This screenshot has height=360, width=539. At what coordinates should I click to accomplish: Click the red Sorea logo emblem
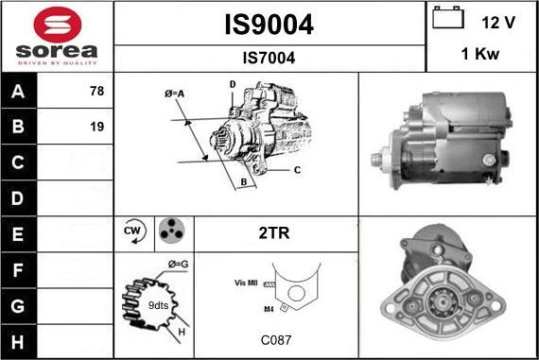[x=58, y=25]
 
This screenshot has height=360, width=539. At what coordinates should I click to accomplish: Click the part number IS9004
[x=269, y=25]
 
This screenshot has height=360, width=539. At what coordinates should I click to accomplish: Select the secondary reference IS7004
[x=269, y=58]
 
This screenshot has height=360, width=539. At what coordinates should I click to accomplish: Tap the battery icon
[x=448, y=17]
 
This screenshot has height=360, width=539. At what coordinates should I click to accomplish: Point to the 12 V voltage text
[x=498, y=23]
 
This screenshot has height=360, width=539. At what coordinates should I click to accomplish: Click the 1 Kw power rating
[x=479, y=54]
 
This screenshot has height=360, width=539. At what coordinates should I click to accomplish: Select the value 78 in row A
[x=97, y=91]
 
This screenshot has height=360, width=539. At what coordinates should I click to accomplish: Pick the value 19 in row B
[x=97, y=127]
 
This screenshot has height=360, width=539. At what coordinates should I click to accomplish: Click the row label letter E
[x=18, y=234]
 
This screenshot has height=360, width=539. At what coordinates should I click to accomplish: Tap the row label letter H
[x=18, y=342]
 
